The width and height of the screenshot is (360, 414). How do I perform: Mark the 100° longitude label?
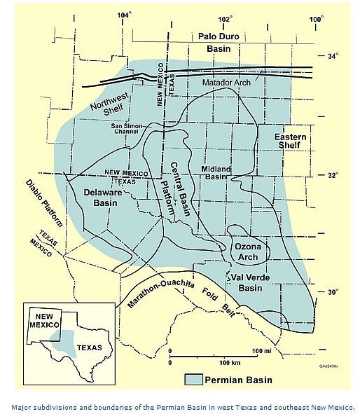(x=315, y=17)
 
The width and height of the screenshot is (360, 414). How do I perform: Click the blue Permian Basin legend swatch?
(x=193, y=380)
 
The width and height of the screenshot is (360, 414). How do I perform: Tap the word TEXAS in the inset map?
(x=89, y=347)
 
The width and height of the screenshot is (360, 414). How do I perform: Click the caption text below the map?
(x=180, y=406)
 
